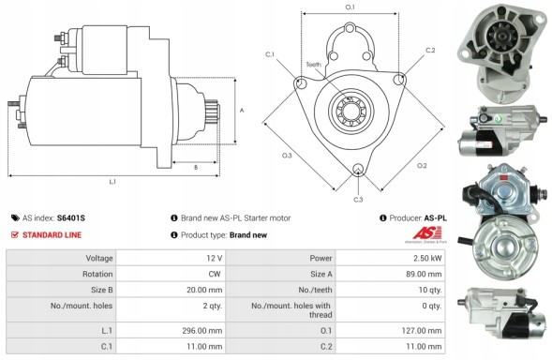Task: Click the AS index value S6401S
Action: pos(70,217)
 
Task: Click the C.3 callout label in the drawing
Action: pos(358,199)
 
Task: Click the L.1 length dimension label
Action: pos(112,181)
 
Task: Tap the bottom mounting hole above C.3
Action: pos(358,171)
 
